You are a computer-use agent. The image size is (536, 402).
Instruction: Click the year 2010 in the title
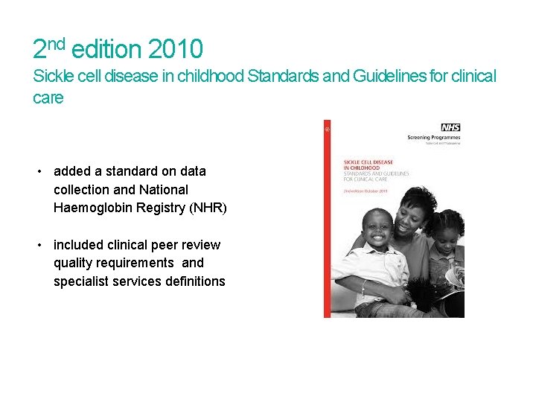click(x=175, y=50)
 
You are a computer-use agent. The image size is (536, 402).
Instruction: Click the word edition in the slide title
click(x=106, y=50)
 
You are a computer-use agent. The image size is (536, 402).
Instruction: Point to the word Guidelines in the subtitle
click(x=398, y=77)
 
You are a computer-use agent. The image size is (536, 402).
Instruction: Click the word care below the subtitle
click(x=48, y=98)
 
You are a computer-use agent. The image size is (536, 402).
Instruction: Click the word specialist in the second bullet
click(x=80, y=281)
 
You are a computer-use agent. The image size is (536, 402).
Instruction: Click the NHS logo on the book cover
click(x=450, y=127)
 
